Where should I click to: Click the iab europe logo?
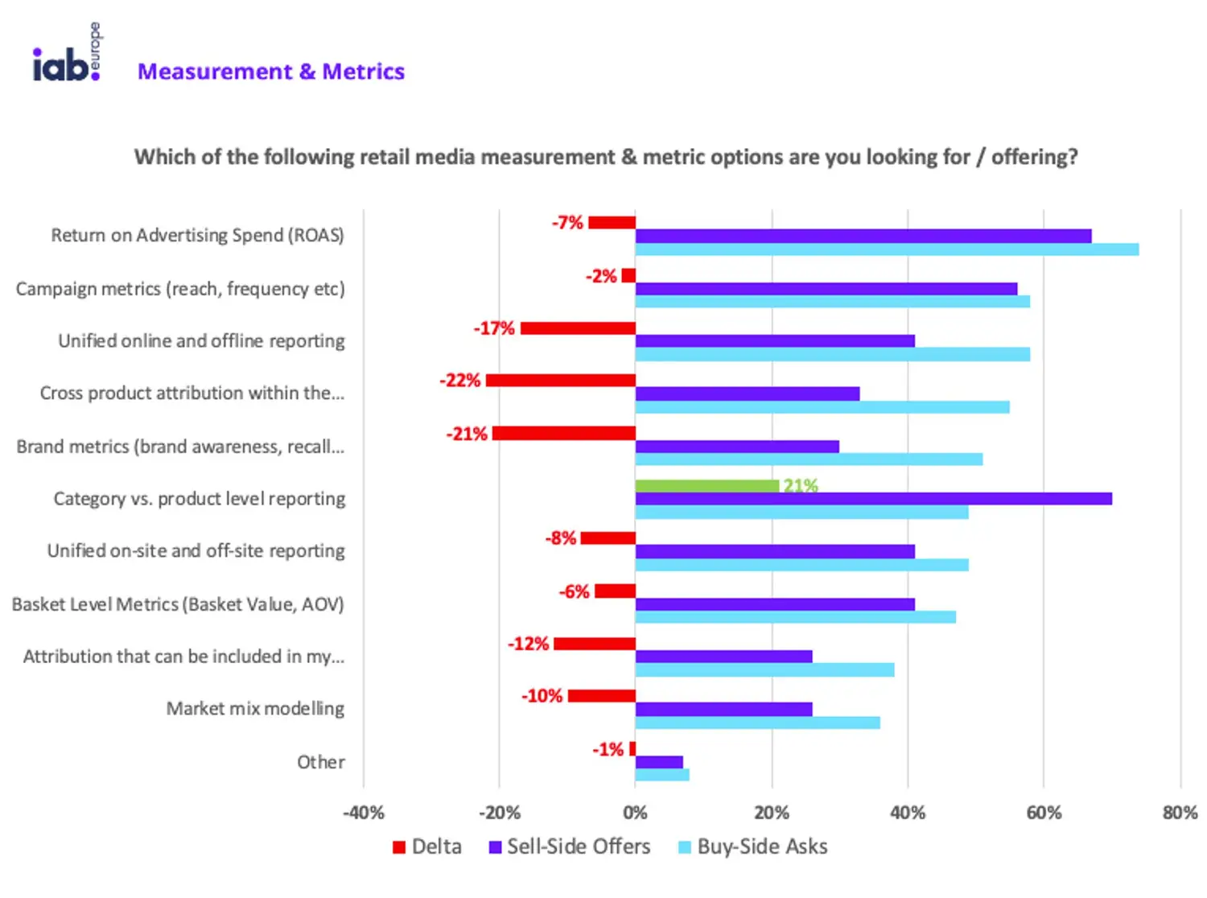point(67,55)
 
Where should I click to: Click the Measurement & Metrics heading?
point(271,72)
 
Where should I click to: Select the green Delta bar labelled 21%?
point(706,486)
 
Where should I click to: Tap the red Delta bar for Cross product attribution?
point(561,381)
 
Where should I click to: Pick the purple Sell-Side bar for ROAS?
point(863,236)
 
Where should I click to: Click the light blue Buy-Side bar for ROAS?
point(887,249)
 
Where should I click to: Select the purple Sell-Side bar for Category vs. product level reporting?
point(873,499)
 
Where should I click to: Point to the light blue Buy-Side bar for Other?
point(662,775)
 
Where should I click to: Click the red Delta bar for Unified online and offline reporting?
point(578,328)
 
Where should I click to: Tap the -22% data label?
point(459,381)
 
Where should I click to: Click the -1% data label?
point(608,750)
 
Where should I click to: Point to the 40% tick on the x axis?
point(908,813)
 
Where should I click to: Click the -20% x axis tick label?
point(500,813)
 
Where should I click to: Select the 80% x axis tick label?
point(1180,813)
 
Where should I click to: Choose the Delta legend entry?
point(427,847)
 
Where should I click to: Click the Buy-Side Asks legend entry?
point(753,847)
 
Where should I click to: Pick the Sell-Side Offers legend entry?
point(570,847)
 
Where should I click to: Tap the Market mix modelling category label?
point(255,709)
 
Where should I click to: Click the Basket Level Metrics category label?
point(178,604)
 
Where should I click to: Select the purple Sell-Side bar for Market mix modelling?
point(723,710)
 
